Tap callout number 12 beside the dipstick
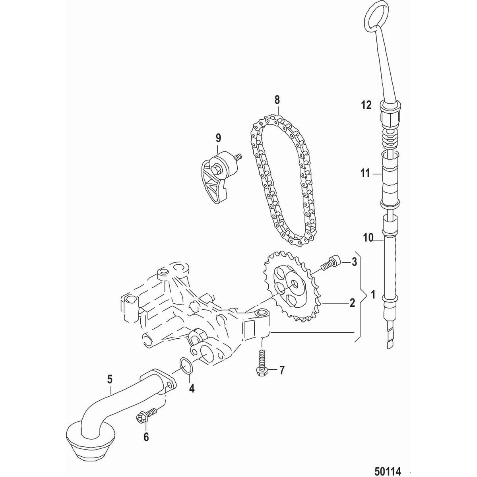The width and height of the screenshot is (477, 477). [366, 105]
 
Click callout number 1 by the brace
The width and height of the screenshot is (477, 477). [372, 295]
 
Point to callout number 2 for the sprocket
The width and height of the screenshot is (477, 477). [351, 303]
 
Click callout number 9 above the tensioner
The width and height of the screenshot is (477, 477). [218, 138]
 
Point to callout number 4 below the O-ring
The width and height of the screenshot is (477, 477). [192, 388]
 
